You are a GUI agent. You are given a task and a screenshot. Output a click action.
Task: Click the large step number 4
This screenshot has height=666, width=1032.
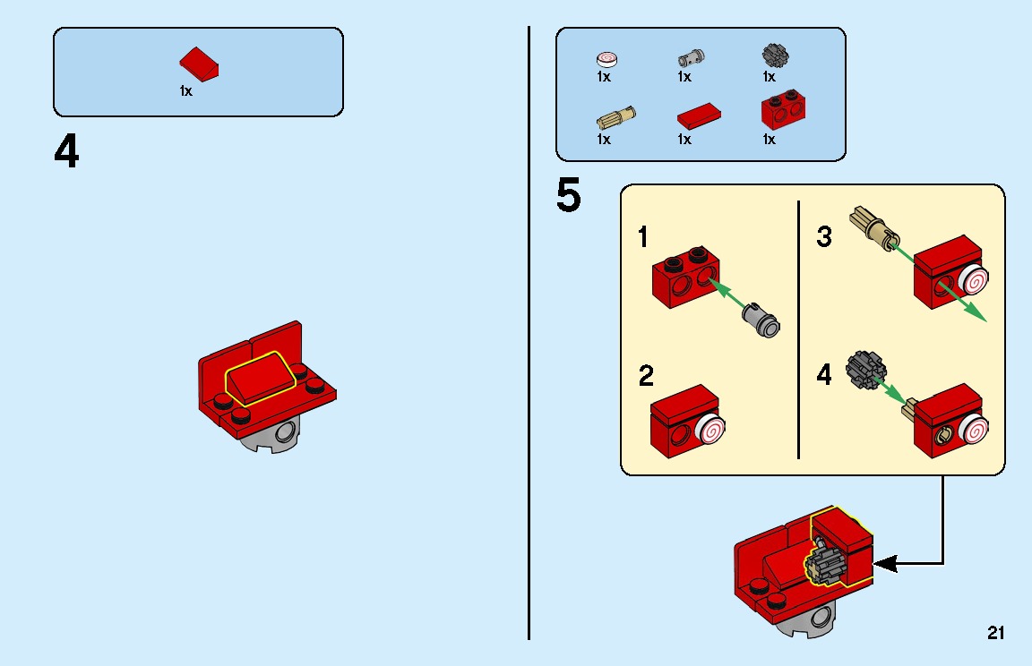(66, 152)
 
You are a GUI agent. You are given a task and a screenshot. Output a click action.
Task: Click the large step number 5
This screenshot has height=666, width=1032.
(568, 195)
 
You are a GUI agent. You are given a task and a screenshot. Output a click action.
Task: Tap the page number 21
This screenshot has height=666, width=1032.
(995, 633)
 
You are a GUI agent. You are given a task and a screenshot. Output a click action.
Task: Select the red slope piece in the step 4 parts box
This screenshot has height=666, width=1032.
(200, 65)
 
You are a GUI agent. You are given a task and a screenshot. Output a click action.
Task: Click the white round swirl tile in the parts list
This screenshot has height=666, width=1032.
(606, 60)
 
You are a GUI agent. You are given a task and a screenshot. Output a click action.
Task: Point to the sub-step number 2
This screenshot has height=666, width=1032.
(646, 376)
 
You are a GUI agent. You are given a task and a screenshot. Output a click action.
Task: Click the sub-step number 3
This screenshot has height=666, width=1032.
(824, 237)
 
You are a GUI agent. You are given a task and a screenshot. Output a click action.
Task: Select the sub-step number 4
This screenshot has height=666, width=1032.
(824, 375)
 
